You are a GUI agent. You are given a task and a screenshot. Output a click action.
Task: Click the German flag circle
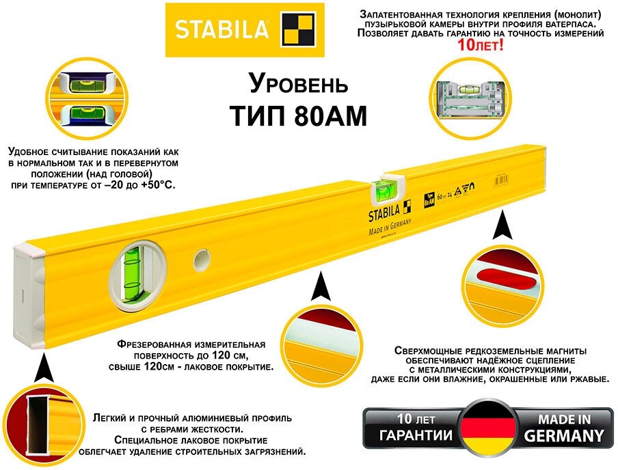[x=489, y=428]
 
